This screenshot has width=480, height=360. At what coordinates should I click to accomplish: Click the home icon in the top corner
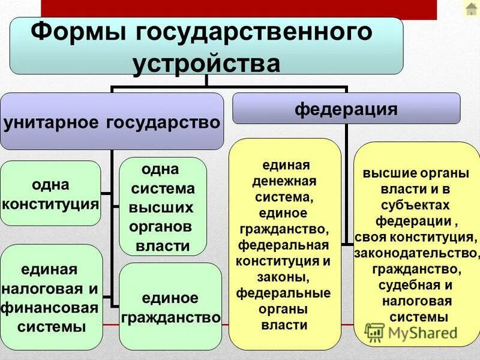pyautogui.click(x=471, y=9)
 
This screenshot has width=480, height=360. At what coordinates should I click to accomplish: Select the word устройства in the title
pyautogui.click(x=206, y=63)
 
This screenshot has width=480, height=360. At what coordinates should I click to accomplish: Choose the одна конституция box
pyautogui.click(x=50, y=193)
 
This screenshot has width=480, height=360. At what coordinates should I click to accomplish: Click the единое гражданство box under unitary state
pyautogui.click(x=170, y=307)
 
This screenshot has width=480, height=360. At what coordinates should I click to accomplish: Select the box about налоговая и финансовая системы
pyautogui.click(x=50, y=298)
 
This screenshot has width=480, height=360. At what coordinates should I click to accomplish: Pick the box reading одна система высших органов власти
pyautogui.click(x=163, y=206)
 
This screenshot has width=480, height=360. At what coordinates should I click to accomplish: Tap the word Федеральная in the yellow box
pyautogui.click(x=284, y=246)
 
